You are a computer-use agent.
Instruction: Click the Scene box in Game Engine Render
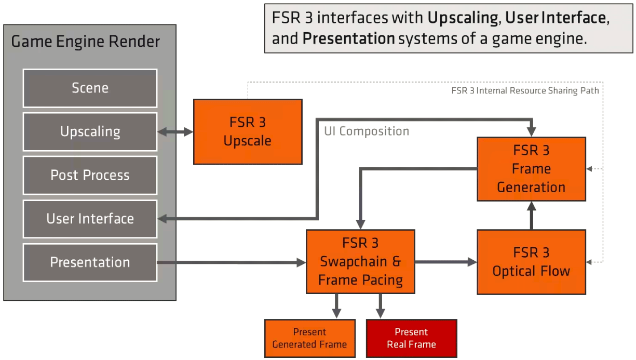pos(90,88)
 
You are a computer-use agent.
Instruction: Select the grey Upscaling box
pos(90,131)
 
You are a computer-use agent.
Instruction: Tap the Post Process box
pos(90,175)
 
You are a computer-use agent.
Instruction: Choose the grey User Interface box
pos(90,219)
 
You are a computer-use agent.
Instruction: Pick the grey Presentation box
pos(90,262)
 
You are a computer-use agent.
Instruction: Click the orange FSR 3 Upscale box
pos(248,132)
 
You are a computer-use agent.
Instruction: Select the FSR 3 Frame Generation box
pos(531,169)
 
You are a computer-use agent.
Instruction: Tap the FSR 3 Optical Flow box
pos(531,262)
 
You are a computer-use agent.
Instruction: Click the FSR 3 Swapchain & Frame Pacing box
pos(360,262)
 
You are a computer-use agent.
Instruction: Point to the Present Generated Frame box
pos(309,338)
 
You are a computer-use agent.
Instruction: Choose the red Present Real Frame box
pos(411,338)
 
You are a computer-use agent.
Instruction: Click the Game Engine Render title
pos(86,42)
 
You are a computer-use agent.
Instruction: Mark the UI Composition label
pos(367,131)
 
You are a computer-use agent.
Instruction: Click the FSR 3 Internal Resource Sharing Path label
pos(525,90)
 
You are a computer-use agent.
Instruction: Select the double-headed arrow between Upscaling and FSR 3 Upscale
pos(175,132)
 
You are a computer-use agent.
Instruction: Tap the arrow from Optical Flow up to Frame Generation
pos(531,215)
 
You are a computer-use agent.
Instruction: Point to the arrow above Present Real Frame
pos(381,306)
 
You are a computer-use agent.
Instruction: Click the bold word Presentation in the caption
pos(348,38)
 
